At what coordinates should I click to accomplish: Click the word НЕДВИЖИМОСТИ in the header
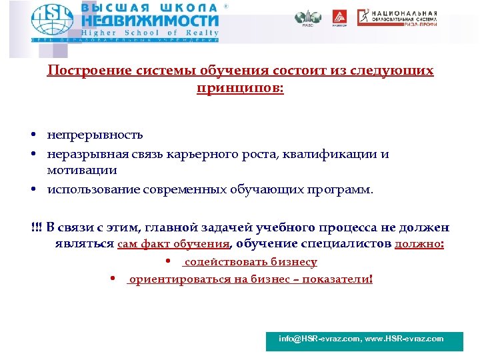pos(150,21)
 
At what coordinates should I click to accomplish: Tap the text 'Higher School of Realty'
pos(150,32)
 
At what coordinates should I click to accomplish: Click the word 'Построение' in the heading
pos(83,71)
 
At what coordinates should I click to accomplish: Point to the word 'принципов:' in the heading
pos(240,87)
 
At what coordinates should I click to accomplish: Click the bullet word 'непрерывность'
pos(95,135)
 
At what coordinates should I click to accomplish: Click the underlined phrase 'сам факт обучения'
pos(173,244)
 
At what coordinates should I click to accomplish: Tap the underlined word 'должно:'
pos(419,244)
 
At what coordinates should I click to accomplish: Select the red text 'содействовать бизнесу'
pos(251,262)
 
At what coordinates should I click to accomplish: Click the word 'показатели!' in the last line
pos(337,279)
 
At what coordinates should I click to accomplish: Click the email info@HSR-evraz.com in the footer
pos(319,339)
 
